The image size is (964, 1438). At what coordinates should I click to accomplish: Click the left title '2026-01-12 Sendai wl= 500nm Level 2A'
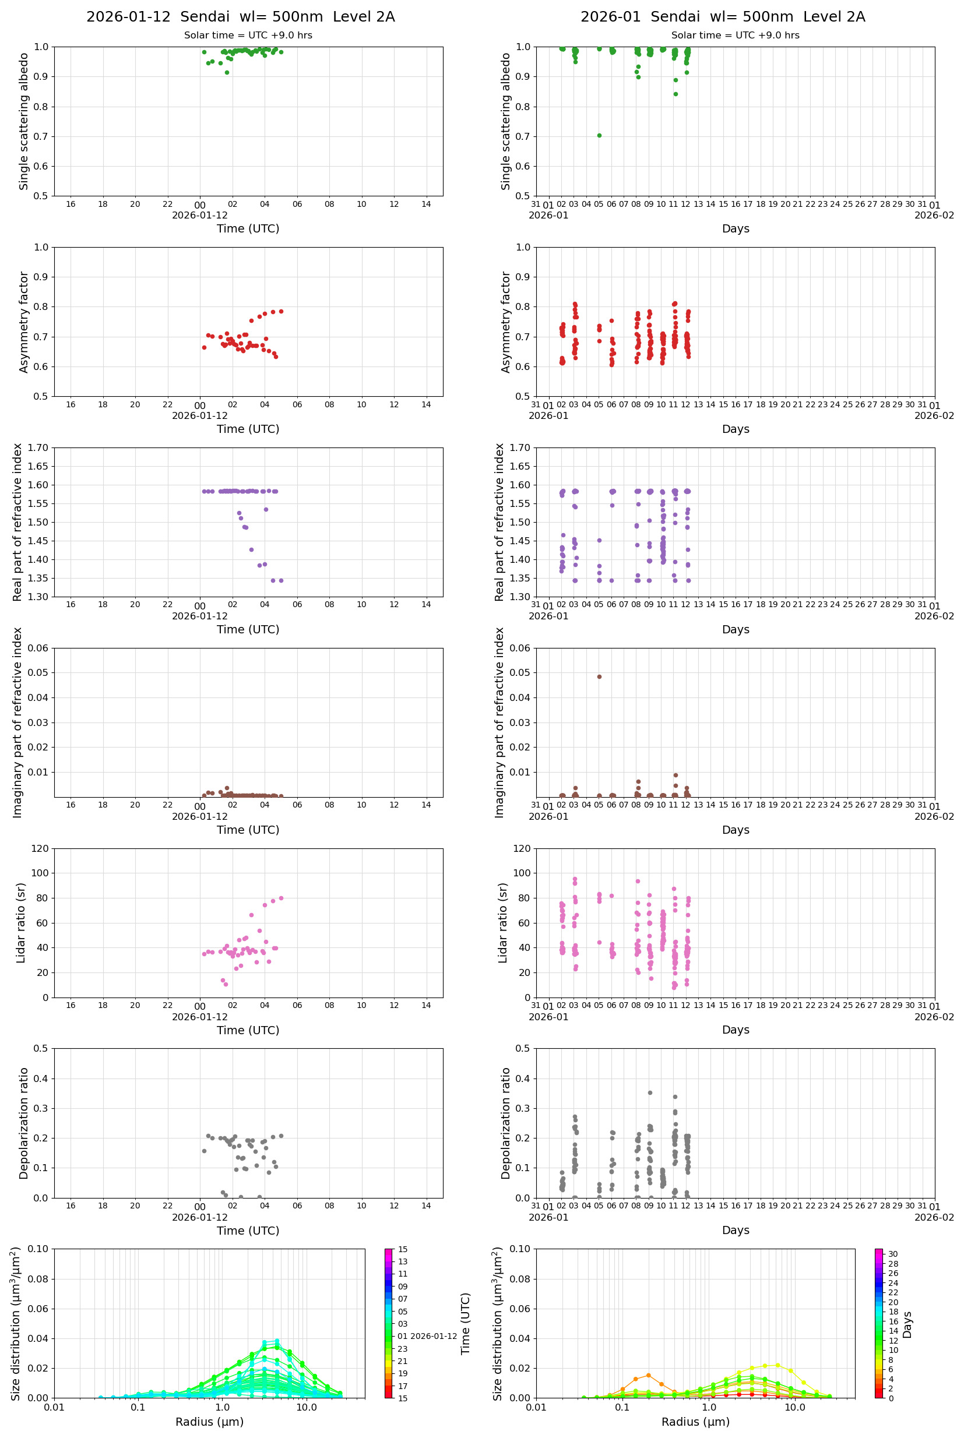pyautogui.click(x=240, y=16)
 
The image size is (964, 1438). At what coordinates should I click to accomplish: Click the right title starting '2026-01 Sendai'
pyautogui.click(x=722, y=16)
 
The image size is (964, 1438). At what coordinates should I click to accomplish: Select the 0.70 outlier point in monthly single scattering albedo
pyautogui.click(x=599, y=135)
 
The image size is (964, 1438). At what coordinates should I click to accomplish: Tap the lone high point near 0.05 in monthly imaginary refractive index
pyautogui.click(x=599, y=676)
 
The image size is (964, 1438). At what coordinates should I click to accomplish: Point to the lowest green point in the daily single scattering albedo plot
pyautogui.click(x=227, y=72)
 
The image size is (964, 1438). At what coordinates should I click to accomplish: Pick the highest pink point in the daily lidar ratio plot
pyautogui.click(x=281, y=898)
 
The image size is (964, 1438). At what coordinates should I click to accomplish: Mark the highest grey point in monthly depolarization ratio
pyautogui.click(x=650, y=1092)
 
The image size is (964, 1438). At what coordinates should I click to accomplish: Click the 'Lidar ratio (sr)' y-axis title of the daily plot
pyautogui.click(x=22, y=922)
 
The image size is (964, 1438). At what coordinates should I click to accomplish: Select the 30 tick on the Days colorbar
pyautogui.click(x=893, y=1254)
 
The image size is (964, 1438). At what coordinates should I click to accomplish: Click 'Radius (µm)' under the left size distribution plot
pyautogui.click(x=210, y=1422)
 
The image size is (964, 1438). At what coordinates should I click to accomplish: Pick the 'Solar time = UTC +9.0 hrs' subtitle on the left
pyautogui.click(x=248, y=36)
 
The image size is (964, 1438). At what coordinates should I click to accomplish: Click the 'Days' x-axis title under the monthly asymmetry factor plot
pyautogui.click(x=736, y=429)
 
